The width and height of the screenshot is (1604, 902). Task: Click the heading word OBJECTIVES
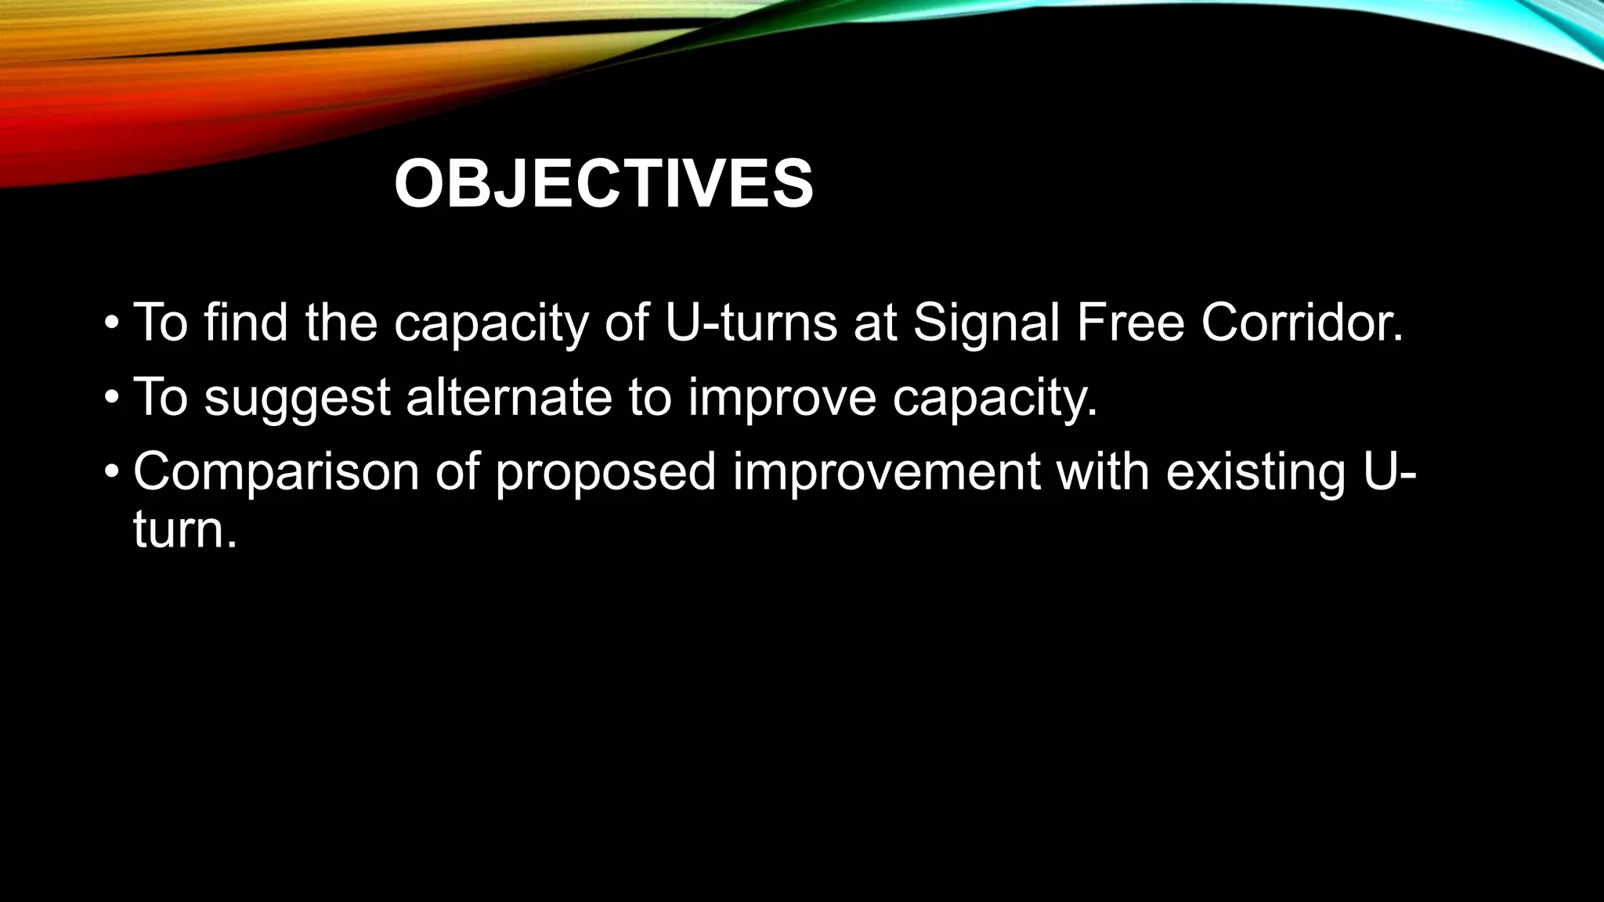(x=603, y=185)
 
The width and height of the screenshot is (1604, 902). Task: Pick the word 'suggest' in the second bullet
(x=297, y=397)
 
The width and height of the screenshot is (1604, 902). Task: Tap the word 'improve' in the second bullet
(x=782, y=397)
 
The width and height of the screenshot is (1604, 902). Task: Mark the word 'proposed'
(x=605, y=472)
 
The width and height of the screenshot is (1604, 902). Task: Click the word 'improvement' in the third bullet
(x=886, y=472)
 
